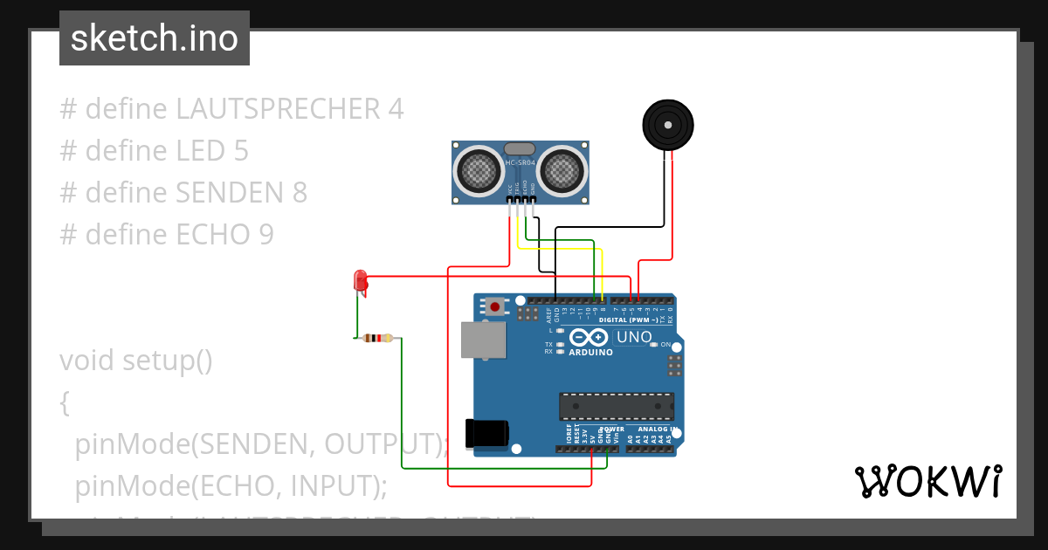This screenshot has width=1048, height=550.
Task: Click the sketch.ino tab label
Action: [154, 38]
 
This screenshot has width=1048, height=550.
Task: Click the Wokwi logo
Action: [927, 481]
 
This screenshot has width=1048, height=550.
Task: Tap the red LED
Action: [359, 281]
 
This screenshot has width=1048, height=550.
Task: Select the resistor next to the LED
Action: [378, 338]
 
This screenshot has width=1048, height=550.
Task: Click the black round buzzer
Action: [668, 125]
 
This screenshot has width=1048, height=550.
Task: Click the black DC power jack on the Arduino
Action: [486, 434]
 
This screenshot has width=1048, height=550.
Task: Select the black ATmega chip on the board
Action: [617, 406]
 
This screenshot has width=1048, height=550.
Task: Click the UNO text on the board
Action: [634, 337]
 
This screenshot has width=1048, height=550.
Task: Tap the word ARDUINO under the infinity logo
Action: [590, 353]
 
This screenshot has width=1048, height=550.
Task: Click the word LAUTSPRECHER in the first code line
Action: [277, 109]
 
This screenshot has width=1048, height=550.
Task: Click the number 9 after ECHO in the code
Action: [265, 235]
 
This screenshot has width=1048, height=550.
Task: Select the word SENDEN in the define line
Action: [229, 193]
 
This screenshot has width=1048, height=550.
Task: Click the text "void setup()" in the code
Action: [136, 361]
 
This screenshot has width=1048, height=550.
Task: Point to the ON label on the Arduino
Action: [665, 345]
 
